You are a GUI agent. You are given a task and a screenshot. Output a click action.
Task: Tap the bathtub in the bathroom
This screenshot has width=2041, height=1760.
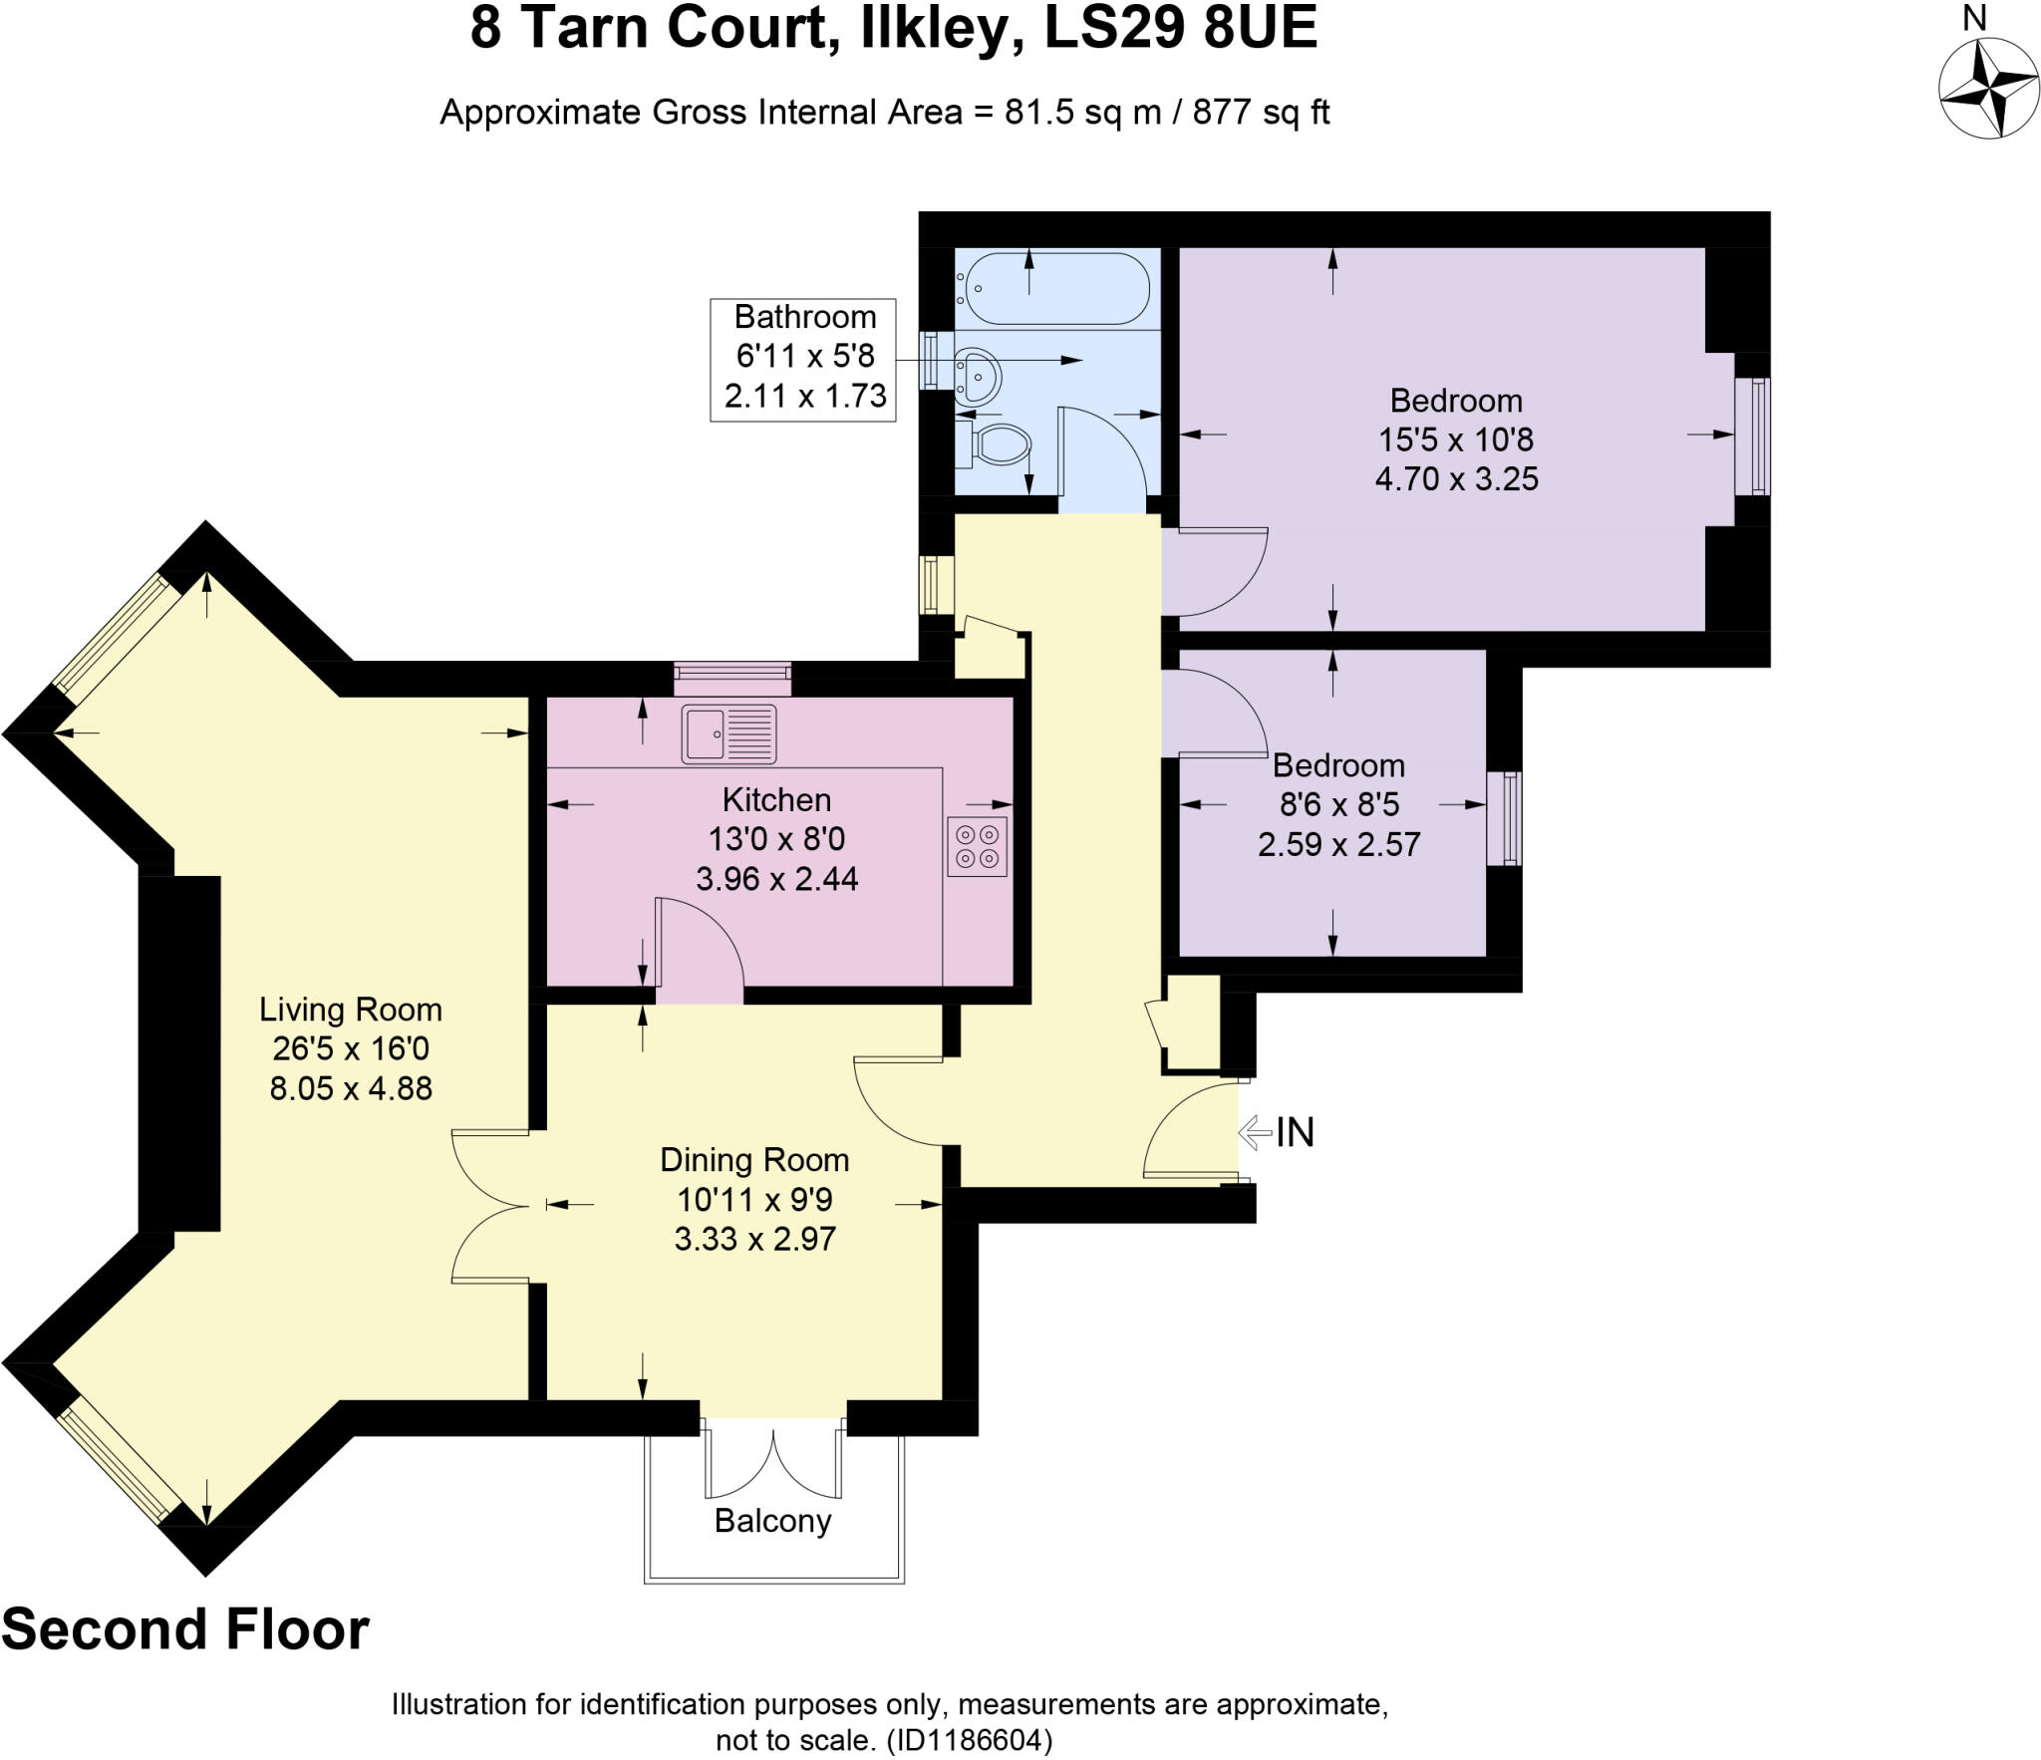point(1054,288)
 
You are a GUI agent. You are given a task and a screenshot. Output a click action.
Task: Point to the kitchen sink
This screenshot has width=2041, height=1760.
point(729,733)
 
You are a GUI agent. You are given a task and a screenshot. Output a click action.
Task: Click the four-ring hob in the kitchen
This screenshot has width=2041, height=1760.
point(977,846)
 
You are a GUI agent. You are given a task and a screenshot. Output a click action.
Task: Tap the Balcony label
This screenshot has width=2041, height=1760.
point(772,1520)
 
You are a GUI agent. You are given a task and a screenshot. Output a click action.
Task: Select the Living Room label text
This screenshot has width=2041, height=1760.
point(350,1010)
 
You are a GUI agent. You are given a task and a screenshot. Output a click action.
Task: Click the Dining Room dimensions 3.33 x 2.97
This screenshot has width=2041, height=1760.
point(754,1239)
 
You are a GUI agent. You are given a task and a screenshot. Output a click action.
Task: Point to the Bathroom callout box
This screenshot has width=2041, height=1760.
point(803,359)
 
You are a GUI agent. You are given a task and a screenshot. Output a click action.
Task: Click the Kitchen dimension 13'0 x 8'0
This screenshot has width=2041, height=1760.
point(776,839)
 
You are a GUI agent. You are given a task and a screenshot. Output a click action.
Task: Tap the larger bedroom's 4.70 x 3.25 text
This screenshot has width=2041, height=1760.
point(1456,479)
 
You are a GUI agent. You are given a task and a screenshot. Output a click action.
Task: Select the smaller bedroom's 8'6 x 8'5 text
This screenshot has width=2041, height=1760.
point(1339,803)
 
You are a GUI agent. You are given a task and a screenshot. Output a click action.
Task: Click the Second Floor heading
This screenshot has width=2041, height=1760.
point(185,1629)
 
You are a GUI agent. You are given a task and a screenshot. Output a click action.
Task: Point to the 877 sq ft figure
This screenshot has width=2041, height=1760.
point(1261,113)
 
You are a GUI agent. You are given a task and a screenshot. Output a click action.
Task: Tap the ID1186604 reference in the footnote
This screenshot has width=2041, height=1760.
point(966,1741)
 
